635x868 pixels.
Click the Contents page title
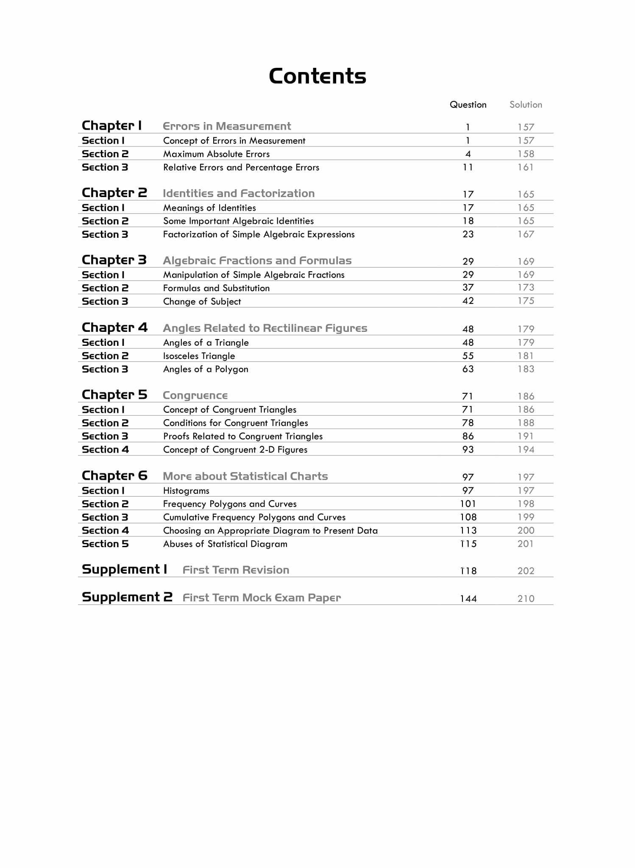tap(317, 76)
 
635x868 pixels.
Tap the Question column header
tap(468, 105)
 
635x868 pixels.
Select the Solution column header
tap(526, 105)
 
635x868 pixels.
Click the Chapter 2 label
tap(114, 193)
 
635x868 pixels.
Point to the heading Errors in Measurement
tap(227, 126)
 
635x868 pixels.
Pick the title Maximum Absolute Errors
tap(216, 154)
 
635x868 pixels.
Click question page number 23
tap(468, 234)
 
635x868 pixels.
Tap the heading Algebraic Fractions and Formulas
tap(257, 261)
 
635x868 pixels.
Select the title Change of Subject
tap(202, 301)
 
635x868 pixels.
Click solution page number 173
tap(526, 288)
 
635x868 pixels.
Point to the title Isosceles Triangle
tap(199, 356)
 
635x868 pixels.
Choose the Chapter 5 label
tap(114, 395)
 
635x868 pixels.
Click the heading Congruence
tap(195, 395)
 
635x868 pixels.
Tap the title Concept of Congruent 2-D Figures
tap(235, 450)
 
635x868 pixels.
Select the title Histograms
tap(186, 491)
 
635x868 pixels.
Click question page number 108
tap(468, 517)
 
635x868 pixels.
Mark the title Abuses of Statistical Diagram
tap(225, 544)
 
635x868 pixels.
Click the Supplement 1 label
tap(124, 569)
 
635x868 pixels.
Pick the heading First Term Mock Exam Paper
tap(262, 598)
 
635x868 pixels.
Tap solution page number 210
tap(526, 598)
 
